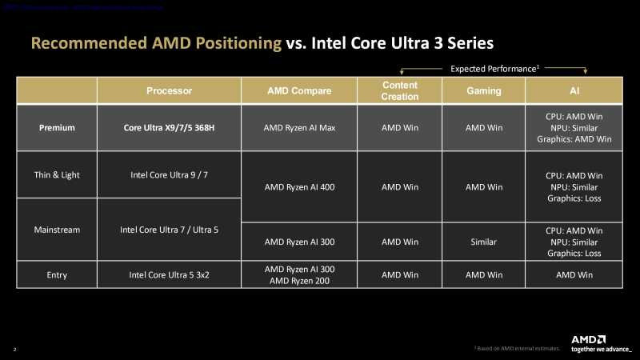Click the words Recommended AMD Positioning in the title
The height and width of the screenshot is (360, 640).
tap(156, 42)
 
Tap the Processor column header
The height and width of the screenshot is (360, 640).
tap(169, 90)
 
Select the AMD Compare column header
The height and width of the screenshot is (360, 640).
tap(299, 90)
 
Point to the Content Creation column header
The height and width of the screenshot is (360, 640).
tap(400, 90)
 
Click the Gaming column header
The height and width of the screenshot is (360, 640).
tap(483, 90)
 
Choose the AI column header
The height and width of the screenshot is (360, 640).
tap(574, 90)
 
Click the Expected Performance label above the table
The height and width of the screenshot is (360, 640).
tap(494, 69)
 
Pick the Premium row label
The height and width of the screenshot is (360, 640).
tap(57, 127)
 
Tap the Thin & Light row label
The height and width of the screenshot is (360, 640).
tap(57, 174)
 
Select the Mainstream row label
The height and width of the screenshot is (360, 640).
tap(57, 230)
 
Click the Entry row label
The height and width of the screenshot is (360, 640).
tap(57, 274)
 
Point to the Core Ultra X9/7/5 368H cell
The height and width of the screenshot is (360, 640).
tap(169, 127)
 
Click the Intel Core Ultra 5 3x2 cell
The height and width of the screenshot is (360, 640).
tap(169, 274)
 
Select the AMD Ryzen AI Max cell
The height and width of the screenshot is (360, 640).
tap(299, 127)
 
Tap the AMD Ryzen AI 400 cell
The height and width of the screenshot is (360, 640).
tap(299, 187)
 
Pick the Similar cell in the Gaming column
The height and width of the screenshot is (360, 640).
tap(483, 242)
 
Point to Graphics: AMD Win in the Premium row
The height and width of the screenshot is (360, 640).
tap(574, 138)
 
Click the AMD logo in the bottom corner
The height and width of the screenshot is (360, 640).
tap(588, 339)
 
